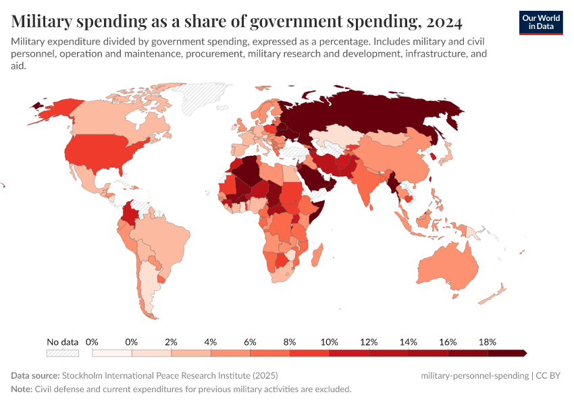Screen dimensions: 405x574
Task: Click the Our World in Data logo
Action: point(541,22)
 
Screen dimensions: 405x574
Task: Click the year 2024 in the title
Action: point(444,22)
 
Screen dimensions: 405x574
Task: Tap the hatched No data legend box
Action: point(63,352)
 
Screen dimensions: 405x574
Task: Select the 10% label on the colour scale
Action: point(330,342)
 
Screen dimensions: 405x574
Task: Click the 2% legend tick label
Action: point(172,342)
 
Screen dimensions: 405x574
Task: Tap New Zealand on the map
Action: point(496,292)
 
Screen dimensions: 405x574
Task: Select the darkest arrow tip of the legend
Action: point(524,352)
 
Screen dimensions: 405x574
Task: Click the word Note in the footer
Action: point(22,389)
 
